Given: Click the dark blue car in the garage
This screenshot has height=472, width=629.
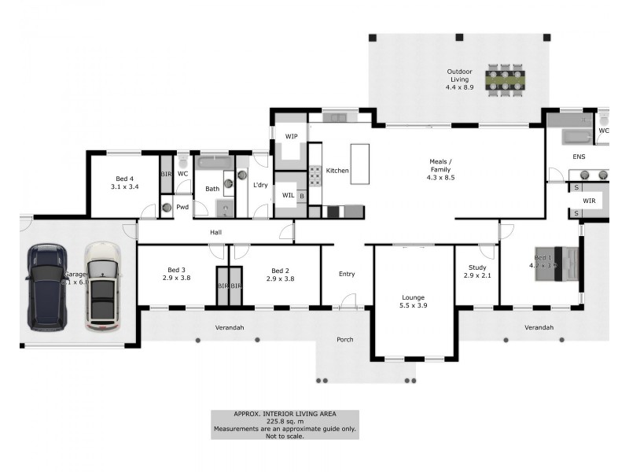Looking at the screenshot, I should pos(45,287).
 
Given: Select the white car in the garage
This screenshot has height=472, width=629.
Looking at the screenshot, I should pos(101,285).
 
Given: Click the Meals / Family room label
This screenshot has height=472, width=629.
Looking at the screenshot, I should pos(440,169).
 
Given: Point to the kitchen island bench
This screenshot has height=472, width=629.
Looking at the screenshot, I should pos(359,163).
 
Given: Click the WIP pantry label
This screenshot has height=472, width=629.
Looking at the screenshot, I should pos(291,136).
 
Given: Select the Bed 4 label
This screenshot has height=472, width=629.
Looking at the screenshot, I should pos(124,183).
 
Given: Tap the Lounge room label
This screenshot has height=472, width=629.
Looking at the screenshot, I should pos(413,301).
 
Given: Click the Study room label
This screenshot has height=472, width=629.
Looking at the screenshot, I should pos(477,271).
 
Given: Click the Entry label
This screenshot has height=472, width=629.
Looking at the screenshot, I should pos(347,275).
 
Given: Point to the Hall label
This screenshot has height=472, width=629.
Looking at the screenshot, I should pos(215,233).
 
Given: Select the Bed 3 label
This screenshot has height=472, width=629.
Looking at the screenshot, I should pos(176,274).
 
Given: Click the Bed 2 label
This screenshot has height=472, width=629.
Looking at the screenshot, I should pos(280,274).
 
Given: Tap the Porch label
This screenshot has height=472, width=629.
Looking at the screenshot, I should pos(344,340).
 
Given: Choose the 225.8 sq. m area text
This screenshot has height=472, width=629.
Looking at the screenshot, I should pos(284,421).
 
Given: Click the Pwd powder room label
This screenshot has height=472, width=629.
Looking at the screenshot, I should pos(182,207).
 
